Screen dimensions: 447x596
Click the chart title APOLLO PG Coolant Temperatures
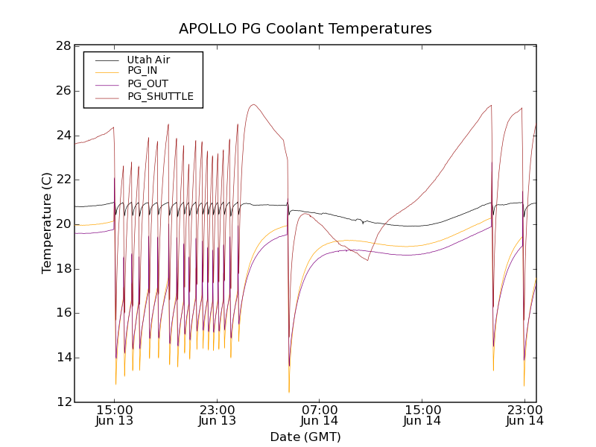(x=305, y=29)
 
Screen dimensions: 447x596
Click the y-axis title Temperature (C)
(x=47, y=223)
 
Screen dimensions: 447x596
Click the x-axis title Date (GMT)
(x=305, y=437)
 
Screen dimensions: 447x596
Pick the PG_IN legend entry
(x=142, y=71)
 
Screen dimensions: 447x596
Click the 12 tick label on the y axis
(x=63, y=402)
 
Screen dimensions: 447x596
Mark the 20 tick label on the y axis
(x=63, y=224)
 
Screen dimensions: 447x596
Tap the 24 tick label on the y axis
(x=63, y=136)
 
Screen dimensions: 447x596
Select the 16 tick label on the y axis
(x=63, y=313)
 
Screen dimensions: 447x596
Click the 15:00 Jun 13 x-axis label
(x=114, y=415)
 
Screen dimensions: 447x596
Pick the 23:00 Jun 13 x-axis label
(x=217, y=415)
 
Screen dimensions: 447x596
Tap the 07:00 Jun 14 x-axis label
(x=320, y=415)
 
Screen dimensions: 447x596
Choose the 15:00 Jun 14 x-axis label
(x=422, y=415)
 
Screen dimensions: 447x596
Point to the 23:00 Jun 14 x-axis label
(x=524, y=415)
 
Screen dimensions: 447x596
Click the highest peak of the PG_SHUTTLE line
(x=254, y=104)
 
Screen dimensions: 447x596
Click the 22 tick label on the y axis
(x=63, y=180)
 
